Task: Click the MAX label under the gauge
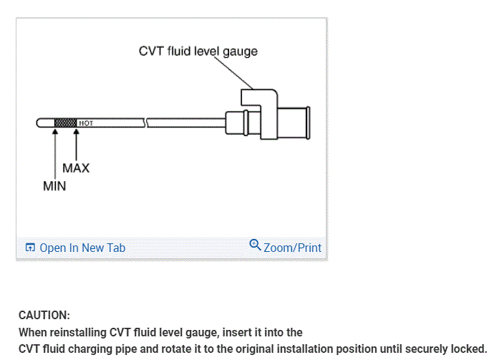point(76,168)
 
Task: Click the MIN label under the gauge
point(54,186)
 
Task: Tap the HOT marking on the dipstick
point(86,122)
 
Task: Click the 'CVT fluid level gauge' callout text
point(198,52)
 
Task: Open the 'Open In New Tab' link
point(82,248)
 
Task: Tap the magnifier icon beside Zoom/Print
point(255,245)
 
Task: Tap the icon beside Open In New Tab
point(30,248)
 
